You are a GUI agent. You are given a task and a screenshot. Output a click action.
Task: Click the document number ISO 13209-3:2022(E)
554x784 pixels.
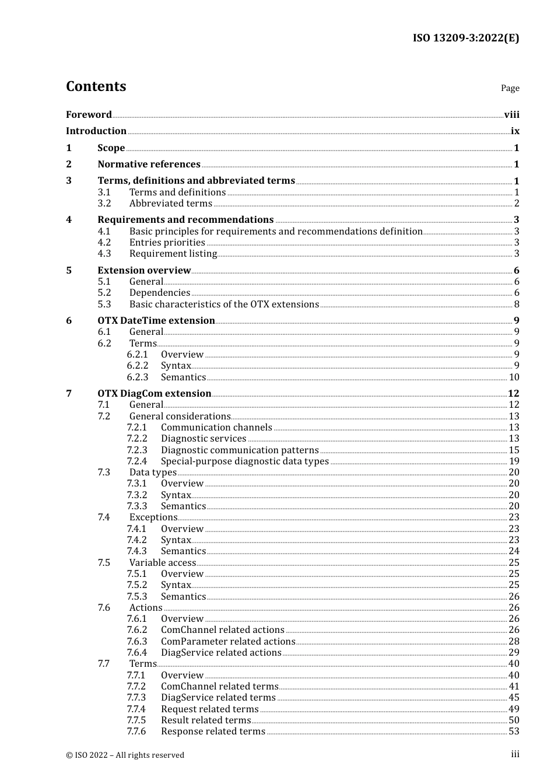[465, 38]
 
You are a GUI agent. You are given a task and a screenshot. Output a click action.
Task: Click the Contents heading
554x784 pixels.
[96, 86]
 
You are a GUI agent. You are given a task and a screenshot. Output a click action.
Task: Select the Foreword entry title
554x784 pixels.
[89, 115]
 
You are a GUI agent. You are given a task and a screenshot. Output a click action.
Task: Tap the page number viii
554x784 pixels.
[511, 115]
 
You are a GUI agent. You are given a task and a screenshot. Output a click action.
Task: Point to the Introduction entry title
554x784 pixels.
[96, 131]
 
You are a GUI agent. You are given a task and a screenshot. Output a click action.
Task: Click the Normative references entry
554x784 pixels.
[149, 164]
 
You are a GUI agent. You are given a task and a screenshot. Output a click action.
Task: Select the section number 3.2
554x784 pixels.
[104, 204]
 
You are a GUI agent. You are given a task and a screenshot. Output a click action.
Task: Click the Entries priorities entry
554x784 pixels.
[167, 243]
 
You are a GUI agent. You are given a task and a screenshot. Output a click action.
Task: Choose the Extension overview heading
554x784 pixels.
[144, 271]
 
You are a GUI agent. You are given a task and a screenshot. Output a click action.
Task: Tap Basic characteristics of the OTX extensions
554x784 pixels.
[224, 304]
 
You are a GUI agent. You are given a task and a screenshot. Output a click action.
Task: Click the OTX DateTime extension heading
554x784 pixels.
[156, 321]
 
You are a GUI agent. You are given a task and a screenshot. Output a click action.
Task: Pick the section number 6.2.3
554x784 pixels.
[138, 377]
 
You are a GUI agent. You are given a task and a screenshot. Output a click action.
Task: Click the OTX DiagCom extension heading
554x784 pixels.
[155, 394]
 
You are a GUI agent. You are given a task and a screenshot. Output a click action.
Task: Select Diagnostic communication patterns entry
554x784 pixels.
[240, 450]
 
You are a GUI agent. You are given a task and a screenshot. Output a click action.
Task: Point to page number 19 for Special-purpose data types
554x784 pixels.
[514, 461]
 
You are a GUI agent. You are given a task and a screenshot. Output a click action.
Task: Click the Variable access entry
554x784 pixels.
[163, 563]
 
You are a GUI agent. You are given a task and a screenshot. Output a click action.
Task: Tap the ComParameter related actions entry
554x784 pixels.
[228, 642]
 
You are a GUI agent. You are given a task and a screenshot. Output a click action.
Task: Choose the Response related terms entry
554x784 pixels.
[213, 731]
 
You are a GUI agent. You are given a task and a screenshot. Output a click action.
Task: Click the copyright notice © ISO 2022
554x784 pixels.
[125, 755]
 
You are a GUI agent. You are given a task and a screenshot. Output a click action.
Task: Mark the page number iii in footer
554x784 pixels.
[515, 754]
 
